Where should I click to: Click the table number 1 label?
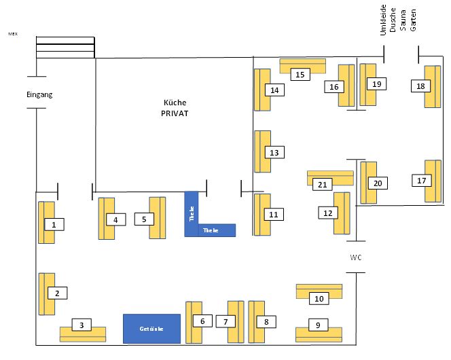(x=54, y=223)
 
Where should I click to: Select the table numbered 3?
(x=82, y=325)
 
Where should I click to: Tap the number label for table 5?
(x=144, y=219)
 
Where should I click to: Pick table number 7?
(x=225, y=321)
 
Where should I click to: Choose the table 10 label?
(x=319, y=298)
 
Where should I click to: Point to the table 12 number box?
(x=328, y=213)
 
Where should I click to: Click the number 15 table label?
(x=299, y=75)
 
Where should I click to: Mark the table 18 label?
(x=421, y=86)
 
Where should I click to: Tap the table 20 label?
(x=378, y=183)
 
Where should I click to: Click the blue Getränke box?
(x=151, y=329)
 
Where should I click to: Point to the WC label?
(x=357, y=258)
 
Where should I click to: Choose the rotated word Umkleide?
(x=383, y=21)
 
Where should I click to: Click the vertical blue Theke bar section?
(x=192, y=213)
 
